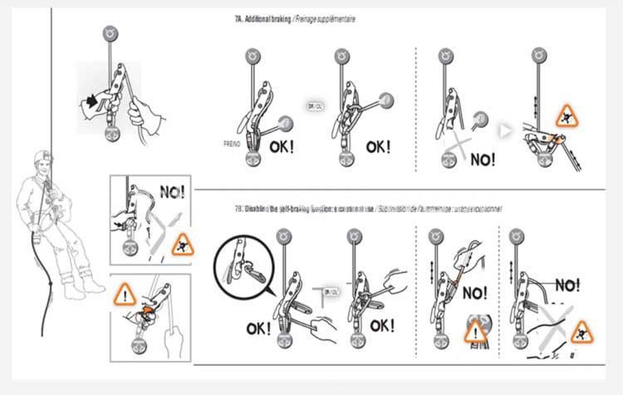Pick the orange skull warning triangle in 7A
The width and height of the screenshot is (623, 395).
[568, 115]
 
